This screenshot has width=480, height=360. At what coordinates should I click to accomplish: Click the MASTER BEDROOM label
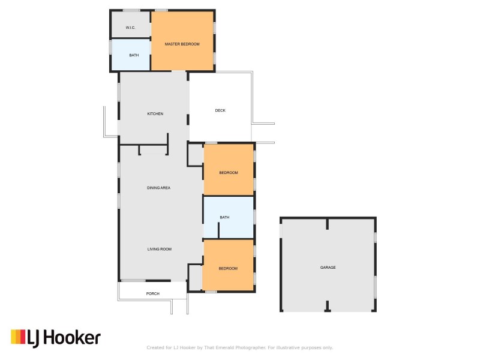point(182,44)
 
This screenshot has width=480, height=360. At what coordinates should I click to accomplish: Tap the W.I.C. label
point(130,28)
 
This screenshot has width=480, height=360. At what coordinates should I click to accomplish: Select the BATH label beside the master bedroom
point(134,55)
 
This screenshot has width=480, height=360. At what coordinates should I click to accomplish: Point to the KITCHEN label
point(155,113)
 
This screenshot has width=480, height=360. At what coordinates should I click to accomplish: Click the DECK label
point(220,110)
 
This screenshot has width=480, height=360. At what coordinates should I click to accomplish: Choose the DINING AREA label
point(158,188)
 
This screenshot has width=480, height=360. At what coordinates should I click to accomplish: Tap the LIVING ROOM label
point(160,249)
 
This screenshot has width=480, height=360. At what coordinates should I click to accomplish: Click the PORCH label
point(153,293)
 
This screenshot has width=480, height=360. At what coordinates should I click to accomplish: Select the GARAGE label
point(328,267)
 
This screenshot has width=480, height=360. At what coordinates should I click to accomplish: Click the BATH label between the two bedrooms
point(224,217)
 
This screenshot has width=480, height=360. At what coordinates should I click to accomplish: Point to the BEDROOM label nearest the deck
point(229,173)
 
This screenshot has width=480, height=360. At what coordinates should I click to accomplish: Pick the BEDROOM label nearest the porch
point(228,268)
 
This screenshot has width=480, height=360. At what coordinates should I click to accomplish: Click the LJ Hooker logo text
point(64,338)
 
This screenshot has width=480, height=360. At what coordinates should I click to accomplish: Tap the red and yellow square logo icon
point(18,337)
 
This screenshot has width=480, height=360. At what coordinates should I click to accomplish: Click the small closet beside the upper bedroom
point(196,155)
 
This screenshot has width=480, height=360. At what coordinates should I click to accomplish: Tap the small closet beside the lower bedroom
point(196,277)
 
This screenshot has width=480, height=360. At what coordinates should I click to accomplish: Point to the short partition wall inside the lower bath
point(218,230)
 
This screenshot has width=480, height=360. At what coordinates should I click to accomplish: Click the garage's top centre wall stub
point(327,224)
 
